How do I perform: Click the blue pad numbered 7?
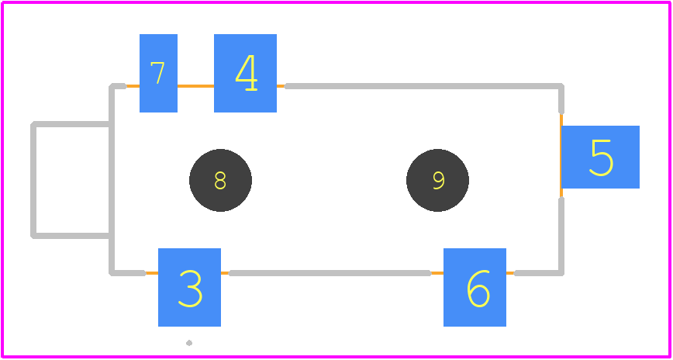pos(158,73)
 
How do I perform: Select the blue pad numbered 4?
pos(245,73)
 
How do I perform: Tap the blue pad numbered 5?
pos(600,157)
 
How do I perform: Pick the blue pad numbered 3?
pos(189,287)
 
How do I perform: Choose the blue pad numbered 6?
pos(475,287)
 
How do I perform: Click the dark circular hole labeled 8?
pos(220,181)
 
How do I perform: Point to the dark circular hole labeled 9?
pos(437,181)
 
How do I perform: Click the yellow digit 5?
pos(602,157)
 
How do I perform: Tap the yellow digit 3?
pos(190,289)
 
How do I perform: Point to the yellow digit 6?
pos(478,289)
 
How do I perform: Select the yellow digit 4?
pos(247,73)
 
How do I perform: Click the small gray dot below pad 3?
pos(189,343)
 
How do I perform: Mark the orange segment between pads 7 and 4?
pos(195,86)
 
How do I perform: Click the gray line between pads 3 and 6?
pos(330,273)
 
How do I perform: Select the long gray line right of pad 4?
pos(423,86)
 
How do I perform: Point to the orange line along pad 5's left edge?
pos(561,157)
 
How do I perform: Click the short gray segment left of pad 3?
pos(128,273)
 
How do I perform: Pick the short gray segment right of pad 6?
pos(539,273)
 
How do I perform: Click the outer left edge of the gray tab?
pos(33,180)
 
